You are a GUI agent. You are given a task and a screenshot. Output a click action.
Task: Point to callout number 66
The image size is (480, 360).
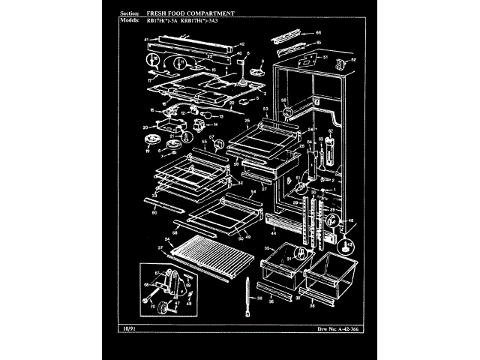(319, 34)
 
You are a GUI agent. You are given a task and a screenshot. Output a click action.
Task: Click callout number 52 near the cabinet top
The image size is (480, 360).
(353, 60)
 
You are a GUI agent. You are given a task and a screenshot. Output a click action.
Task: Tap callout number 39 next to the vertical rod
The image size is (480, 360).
(261, 298)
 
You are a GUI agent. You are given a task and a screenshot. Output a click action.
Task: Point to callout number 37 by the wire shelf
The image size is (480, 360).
(160, 248)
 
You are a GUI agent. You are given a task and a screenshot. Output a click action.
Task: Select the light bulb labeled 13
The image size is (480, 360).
(202, 118)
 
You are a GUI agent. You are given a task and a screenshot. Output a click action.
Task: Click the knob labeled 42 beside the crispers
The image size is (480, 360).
(346, 244)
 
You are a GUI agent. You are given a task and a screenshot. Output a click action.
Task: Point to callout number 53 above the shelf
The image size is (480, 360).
(265, 109)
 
